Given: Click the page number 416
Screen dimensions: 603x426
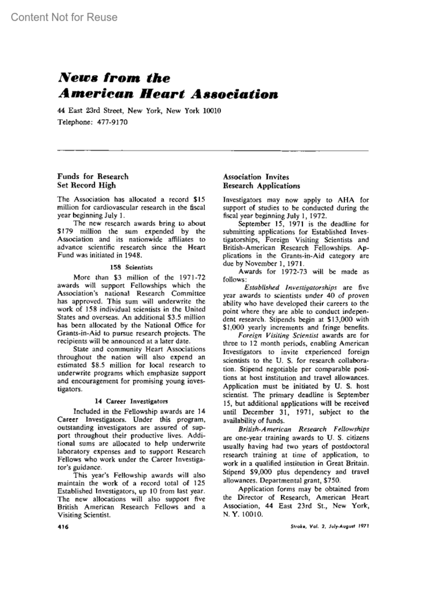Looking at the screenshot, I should [62, 527].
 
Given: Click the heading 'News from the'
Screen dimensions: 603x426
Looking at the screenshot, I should [114, 78].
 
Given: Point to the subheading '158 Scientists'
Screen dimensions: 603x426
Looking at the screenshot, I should [131, 267].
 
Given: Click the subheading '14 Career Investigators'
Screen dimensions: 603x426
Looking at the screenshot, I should [131, 401].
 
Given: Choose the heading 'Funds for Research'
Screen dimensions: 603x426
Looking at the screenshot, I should [93, 176].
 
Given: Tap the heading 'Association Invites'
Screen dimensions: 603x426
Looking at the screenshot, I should [256, 177].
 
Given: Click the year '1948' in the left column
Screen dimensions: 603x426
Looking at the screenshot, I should [133, 255].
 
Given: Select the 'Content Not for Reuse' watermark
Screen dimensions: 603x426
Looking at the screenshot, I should [64, 17].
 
